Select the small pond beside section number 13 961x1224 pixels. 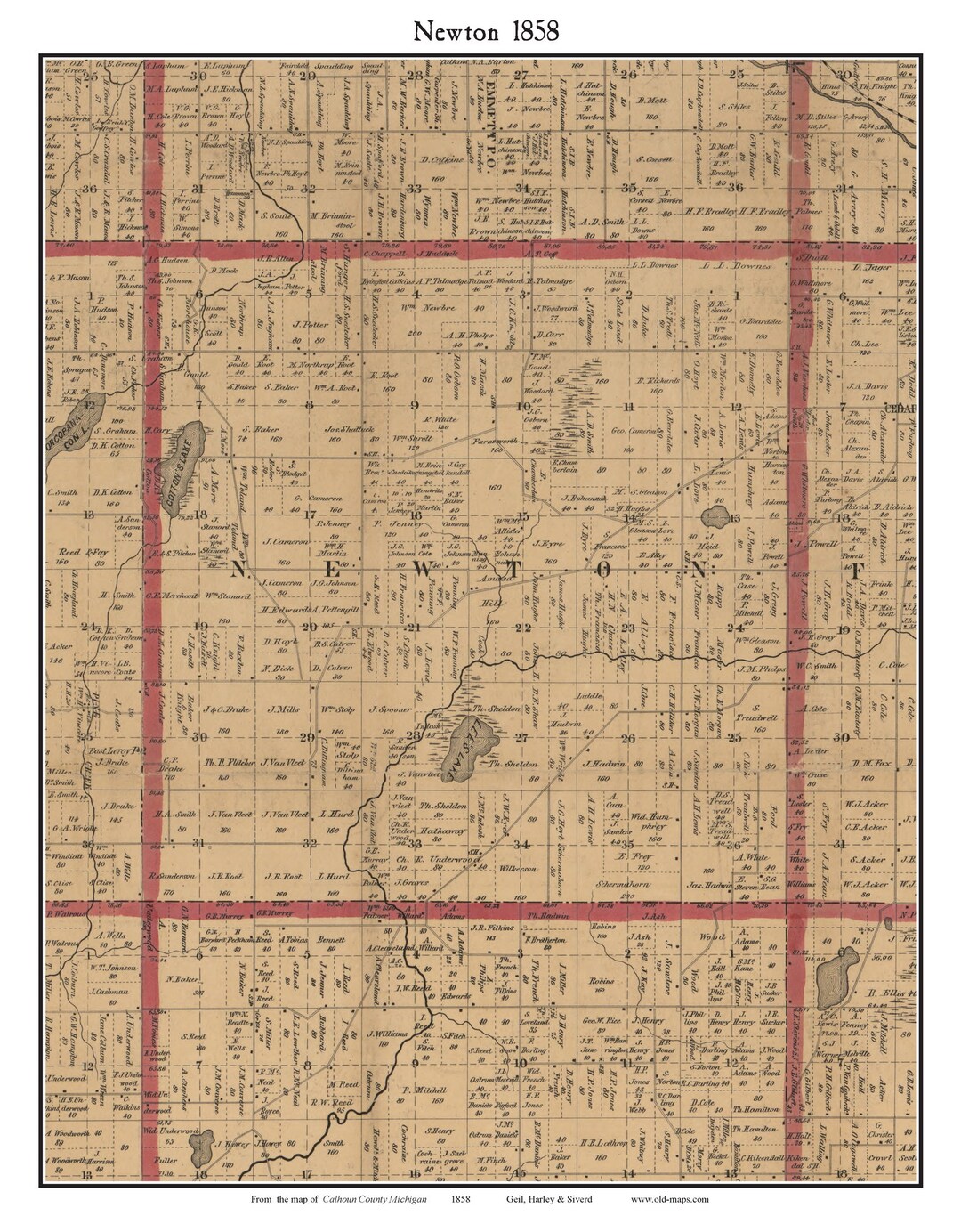tap(714, 518)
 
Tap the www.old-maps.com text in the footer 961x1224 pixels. tap(670, 1199)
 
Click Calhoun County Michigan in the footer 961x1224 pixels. tap(375, 1199)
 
